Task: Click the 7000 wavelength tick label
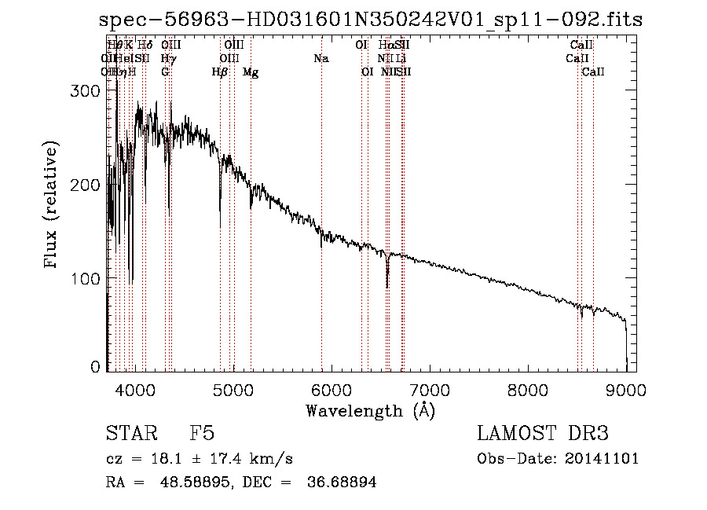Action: pos(429,390)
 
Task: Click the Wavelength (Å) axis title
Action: pos(370,410)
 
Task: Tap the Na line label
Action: pos(321,58)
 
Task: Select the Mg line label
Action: pos(251,72)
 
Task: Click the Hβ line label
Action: pos(220,72)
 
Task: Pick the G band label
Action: pos(165,72)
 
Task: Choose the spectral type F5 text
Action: pos(202,434)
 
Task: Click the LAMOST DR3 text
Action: pos(542,434)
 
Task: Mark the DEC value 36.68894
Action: pos(343,482)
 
